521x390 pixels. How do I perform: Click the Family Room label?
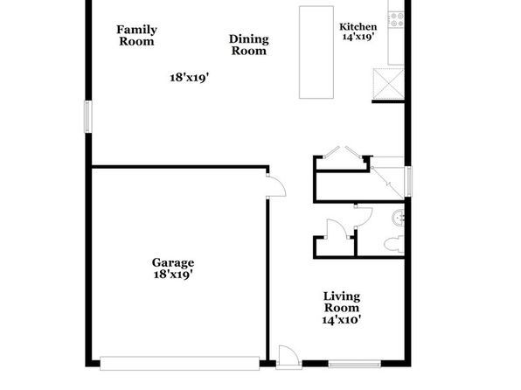click(x=136, y=35)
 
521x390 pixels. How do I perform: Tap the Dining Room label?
click(x=249, y=45)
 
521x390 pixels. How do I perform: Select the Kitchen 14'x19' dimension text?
click(x=358, y=37)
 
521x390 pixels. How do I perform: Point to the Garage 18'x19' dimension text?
click(x=173, y=275)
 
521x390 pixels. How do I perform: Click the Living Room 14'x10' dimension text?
click(x=342, y=320)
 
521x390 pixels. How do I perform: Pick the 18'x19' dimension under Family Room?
click(x=190, y=78)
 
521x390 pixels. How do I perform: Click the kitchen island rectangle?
click(x=316, y=52)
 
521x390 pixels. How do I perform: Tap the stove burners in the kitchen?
click(x=396, y=19)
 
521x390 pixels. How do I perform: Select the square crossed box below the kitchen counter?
click(x=388, y=84)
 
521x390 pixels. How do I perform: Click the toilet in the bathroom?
click(x=394, y=244)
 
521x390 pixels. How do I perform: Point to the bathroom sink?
click(x=398, y=218)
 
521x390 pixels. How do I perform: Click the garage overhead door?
click(x=180, y=364)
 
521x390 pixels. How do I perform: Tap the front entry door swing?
click(x=288, y=357)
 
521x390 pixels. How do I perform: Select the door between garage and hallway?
click(x=276, y=186)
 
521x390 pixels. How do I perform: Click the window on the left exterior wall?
click(x=88, y=116)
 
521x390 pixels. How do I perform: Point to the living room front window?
click(x=355, y=365)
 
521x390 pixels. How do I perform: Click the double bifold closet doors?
click(x=343, y=152)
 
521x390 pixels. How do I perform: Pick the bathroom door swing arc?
click(x=364, y=217)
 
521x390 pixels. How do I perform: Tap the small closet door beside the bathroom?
click(x=337, y=229)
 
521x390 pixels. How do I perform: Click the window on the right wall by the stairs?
click(x=408, y=182)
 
